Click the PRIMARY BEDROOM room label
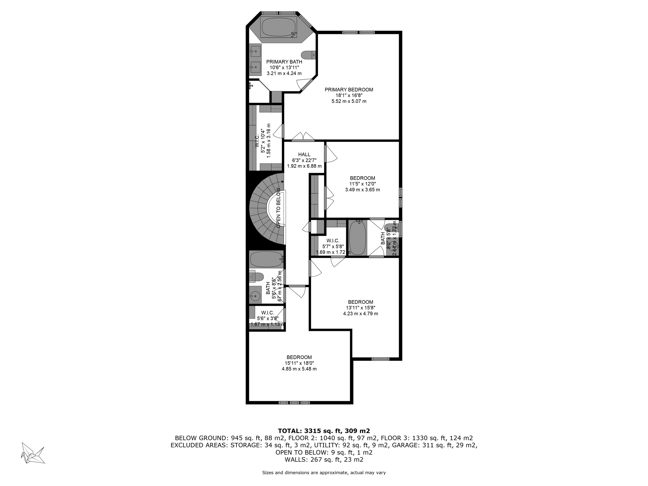[349, 90]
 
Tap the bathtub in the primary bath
[278, 27]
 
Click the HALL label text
[304, 154]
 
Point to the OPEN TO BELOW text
[278, 208]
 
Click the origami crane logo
[32, 453]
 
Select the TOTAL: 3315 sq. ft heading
[324, 431]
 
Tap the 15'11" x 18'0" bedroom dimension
[299, 363]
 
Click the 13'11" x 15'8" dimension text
[360, 308]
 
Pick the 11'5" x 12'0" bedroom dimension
[362, 184]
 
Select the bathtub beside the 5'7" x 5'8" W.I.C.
[358, 238]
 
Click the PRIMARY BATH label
[284, 62]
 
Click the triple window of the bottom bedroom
[294, 402]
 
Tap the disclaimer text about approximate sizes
[324, 473]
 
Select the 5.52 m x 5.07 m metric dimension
[349, 101]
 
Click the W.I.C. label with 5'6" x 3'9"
[267, 313]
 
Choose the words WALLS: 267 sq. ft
[324, 460]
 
